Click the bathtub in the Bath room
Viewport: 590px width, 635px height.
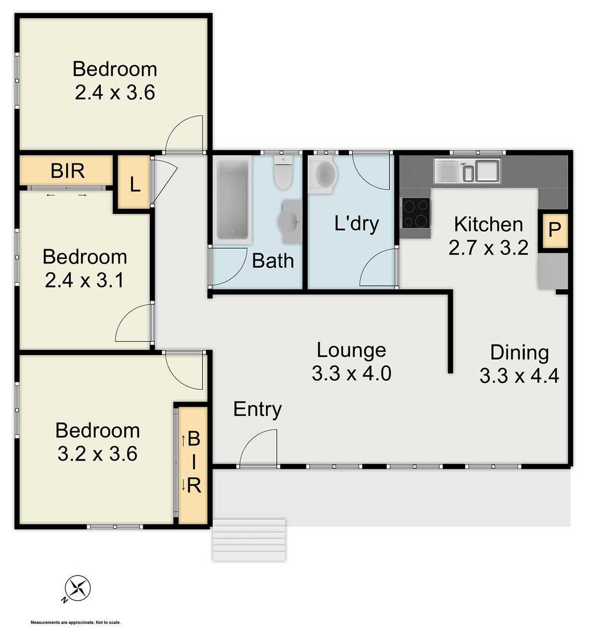click(x=232, y=199)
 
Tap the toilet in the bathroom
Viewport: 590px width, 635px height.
click(x=283, y=173)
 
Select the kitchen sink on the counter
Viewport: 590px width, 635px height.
click(x=467, y=170)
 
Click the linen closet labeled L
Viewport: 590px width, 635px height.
click(x=134, y=184)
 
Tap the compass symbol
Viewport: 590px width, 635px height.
click(x=77, y=589)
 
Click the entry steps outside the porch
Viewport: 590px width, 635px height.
click(x=249, y=540)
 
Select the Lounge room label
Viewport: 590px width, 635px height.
click(x=351, y=350)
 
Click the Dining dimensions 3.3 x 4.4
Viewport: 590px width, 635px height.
click(x=519, y=376)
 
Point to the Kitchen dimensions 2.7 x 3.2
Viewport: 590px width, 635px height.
click(x=488, y=248)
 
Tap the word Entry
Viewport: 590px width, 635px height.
click(x=257, y=409)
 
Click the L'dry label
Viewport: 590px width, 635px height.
click(x=357, y=224)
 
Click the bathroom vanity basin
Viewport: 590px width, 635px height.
click(x=290, y=222)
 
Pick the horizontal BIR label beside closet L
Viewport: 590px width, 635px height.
click(x=67, y=171)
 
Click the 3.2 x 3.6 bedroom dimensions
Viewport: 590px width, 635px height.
click(x=98, y=453)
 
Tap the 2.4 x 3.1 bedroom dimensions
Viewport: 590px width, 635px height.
click(x=84, y=281)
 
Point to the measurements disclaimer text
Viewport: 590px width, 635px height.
click(x=76, y=622)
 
